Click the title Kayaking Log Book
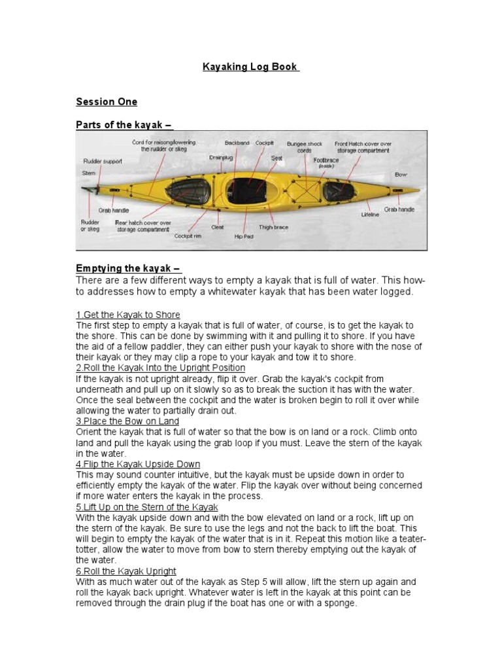point(251,67)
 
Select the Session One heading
point(107,101)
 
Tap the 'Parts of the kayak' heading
point(124,125)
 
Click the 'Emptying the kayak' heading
point(128,269)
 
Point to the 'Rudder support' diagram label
point(102,161)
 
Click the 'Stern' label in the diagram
point(89,173)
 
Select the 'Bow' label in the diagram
point(401,175)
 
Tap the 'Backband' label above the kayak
point(237,142)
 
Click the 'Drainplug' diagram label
point(221,157)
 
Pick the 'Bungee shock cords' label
point(305,146)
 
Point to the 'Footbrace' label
point(326,160)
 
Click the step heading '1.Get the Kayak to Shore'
point(128,315)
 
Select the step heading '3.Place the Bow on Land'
point(127,421)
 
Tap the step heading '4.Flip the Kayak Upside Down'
point(138,464)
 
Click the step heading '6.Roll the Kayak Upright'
point(126,571)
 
